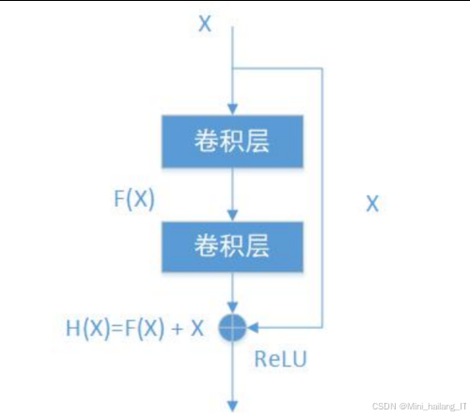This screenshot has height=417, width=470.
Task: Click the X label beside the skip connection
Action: point(372,204)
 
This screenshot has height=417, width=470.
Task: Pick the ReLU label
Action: point(280,358)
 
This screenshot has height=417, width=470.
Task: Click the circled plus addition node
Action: point(231,327)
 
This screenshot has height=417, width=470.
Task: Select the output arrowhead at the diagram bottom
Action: point(231,405)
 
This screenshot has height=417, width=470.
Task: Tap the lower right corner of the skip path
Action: point(323,327)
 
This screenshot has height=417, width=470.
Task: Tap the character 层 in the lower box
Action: point(257,247)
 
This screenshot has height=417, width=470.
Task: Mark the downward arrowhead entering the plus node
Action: point(231,307)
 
